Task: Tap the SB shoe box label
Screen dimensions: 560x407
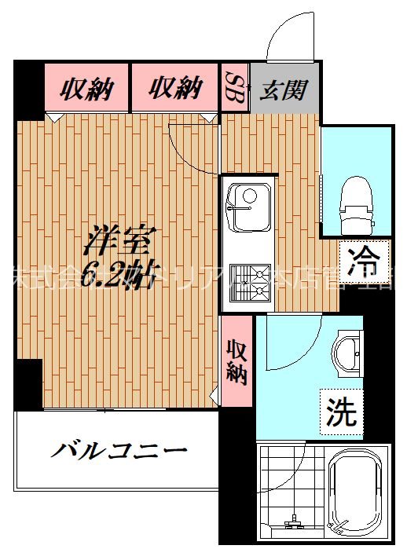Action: (234, 87)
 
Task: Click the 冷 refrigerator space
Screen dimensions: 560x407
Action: (364, 262)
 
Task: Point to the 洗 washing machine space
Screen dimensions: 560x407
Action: (342, 410)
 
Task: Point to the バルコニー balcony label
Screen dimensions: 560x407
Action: (120, 452)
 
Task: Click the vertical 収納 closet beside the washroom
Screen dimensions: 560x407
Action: (236, 361)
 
